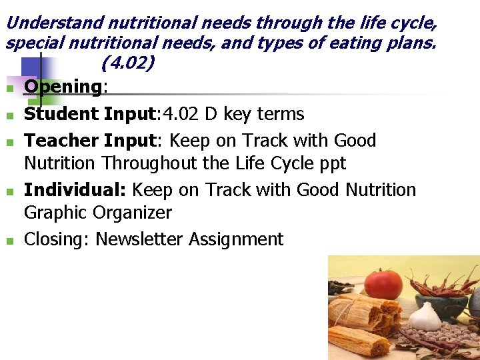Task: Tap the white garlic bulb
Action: [424, 318]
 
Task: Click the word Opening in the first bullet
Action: [62, 87]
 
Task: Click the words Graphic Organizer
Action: [97, 213]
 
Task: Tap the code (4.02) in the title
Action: [128, 63]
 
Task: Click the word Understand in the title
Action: [54, 23]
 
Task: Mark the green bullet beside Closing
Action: [10, 241]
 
